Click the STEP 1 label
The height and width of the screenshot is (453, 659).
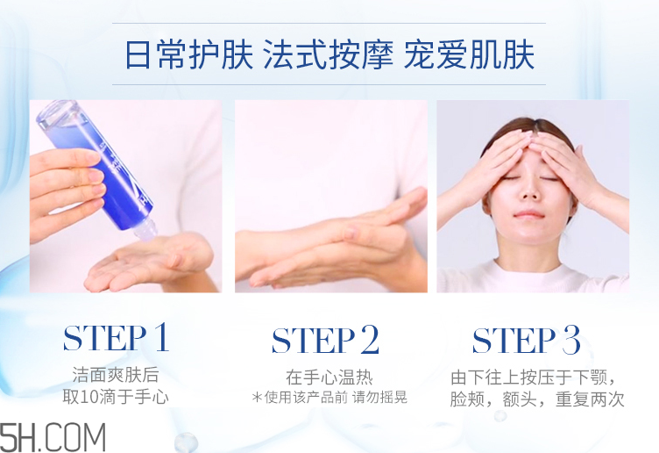[116, 338]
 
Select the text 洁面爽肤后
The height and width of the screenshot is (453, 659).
[116, 375]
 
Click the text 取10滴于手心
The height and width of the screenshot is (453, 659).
[116, 397]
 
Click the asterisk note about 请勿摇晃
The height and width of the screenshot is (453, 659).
[329, 398]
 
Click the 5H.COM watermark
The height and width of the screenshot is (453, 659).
[53, 436]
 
